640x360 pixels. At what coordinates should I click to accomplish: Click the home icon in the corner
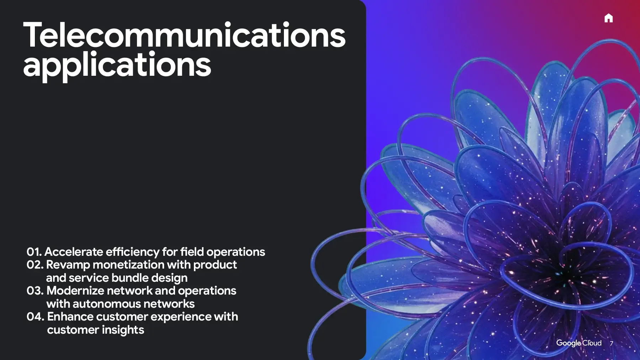[608, 18]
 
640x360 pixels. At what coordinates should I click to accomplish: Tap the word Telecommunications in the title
[184, 35]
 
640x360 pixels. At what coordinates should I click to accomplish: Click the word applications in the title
[117, 65]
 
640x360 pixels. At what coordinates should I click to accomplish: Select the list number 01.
[34, 252]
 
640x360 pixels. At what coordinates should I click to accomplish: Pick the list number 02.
[35, 265]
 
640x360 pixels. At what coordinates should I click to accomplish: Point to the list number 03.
[35, 291]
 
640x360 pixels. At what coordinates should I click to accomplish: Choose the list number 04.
[35, 317]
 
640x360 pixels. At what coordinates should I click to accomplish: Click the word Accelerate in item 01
[74, 252]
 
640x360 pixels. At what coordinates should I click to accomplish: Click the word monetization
[128, 265]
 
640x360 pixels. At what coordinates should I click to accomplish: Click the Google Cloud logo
[579, 343]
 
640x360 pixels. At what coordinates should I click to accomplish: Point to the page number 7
[611, 343]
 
